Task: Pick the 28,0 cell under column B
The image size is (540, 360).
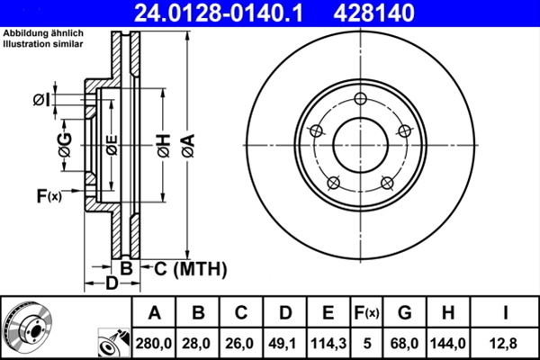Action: point(199,342)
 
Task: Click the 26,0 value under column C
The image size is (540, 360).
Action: point(241,342)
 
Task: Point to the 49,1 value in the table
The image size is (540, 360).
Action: point(284,342)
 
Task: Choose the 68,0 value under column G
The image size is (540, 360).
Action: point(405,342)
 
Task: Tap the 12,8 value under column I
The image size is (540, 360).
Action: point(507,342)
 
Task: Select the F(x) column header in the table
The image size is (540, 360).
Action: point(367,313)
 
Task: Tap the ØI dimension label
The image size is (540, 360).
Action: point(40,99)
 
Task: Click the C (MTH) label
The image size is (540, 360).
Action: point(184,269)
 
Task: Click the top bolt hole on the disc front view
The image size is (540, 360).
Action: point(360,99)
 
